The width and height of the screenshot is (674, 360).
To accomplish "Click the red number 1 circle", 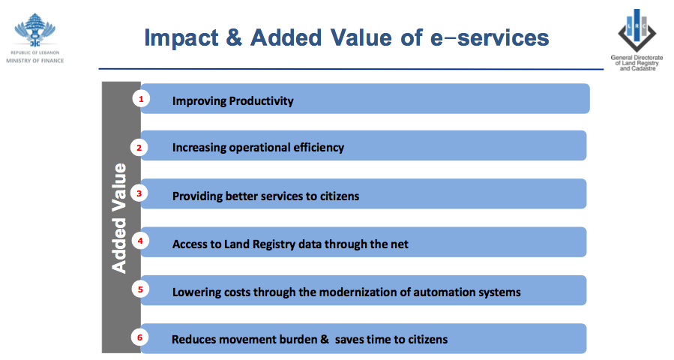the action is tap(141, 99).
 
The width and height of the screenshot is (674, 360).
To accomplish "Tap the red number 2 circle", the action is tap(139, 148).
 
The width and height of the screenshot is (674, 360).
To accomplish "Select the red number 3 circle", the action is tap(139, 193).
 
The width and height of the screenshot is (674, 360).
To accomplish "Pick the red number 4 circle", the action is tap(140, 241).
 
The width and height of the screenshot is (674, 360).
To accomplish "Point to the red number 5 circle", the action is tap(140, 289).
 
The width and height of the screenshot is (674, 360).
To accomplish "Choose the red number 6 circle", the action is tap(139, 337).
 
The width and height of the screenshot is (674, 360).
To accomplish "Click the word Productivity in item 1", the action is tap(262, 101).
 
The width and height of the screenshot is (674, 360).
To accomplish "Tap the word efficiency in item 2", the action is tap(319, 148).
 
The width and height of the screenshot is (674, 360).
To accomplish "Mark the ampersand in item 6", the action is tap(325, 339).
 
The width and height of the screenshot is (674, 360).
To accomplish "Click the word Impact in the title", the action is tap(181, 38).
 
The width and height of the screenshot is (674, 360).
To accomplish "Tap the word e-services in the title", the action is tap(490, 37).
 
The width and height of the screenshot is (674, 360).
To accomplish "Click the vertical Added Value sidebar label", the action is tap(119, 218).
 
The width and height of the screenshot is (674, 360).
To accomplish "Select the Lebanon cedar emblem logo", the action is tap(34, 31).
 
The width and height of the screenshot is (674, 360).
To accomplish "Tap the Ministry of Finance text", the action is tap(34, 61).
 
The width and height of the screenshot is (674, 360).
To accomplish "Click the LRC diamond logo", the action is tap(637, 30).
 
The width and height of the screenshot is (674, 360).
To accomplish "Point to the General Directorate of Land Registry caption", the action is tap(637, 63).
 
